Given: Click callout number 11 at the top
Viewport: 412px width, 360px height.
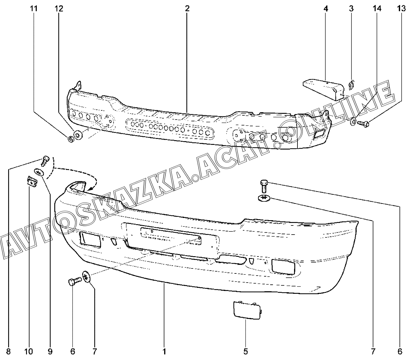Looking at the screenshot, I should [34, 9].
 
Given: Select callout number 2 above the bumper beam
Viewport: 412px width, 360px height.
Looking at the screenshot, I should [187, 9].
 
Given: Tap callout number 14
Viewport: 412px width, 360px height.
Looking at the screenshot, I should [377, 9].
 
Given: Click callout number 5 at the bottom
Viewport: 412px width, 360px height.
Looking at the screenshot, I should [245, 351].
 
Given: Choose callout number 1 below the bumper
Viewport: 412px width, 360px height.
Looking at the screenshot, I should [164, 351].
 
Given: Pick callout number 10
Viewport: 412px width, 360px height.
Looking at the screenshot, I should [29, 351].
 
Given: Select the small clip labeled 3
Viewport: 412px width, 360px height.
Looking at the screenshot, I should [352, 85].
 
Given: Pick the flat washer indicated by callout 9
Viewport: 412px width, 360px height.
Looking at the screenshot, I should [39, 172].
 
